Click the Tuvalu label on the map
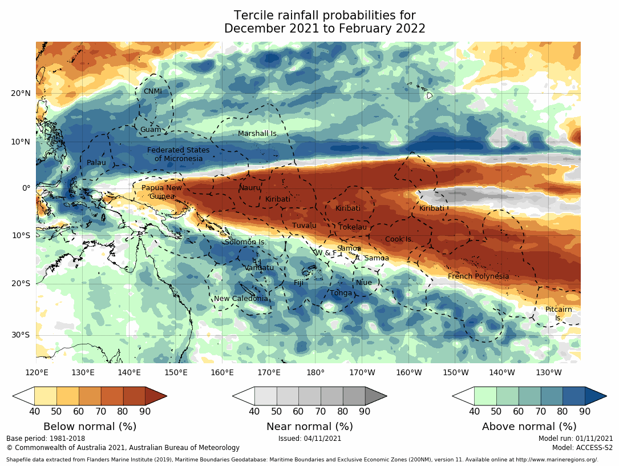(x=304, y=226)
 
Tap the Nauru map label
(x=249, y=187)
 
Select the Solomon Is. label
(x=245, y=242)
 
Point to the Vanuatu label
(x=260, y=267)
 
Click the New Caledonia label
(x=241, y=299)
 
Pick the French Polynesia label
(x=478, y=276)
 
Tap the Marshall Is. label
(x=257, y=134)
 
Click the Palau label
(x=96, y=163)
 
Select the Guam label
(x=151, y=130)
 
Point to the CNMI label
(x=152, y=91)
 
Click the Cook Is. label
(x=399, y=239)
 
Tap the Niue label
(x=363, y=283)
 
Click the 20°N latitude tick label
(x=21, y=94)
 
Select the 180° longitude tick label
(x=315, y=372)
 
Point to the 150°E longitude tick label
(x=176, y=372)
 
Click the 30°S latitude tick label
(x=21, y=335)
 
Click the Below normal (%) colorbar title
(x=90, y=427)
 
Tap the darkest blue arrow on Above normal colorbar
(x=595, y=396)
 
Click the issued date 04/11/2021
(x=309, y=439)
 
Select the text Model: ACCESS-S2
(x=582, y=448)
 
